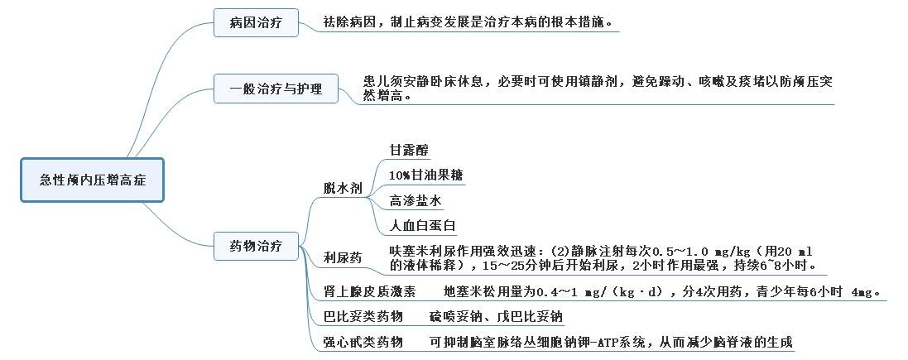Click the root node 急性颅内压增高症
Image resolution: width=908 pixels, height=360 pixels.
click(x=93, y=180)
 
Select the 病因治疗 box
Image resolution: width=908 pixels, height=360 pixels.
click(x=256, y=23)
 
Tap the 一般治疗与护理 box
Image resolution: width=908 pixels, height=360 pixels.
click(x=276, y=89)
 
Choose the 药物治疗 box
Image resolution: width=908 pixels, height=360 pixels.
click(x=256, y=246)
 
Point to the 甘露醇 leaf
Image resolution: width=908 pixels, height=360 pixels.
click(x=410, y=150)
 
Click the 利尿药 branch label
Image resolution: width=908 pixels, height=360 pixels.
click(x=343, y=258)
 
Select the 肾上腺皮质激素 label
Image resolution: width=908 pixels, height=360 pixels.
click(x=369, y=291)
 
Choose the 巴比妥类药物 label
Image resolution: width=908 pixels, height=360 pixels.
click(x=363, y=317)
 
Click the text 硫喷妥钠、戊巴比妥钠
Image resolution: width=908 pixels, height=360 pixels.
click(x=496, y=317)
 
